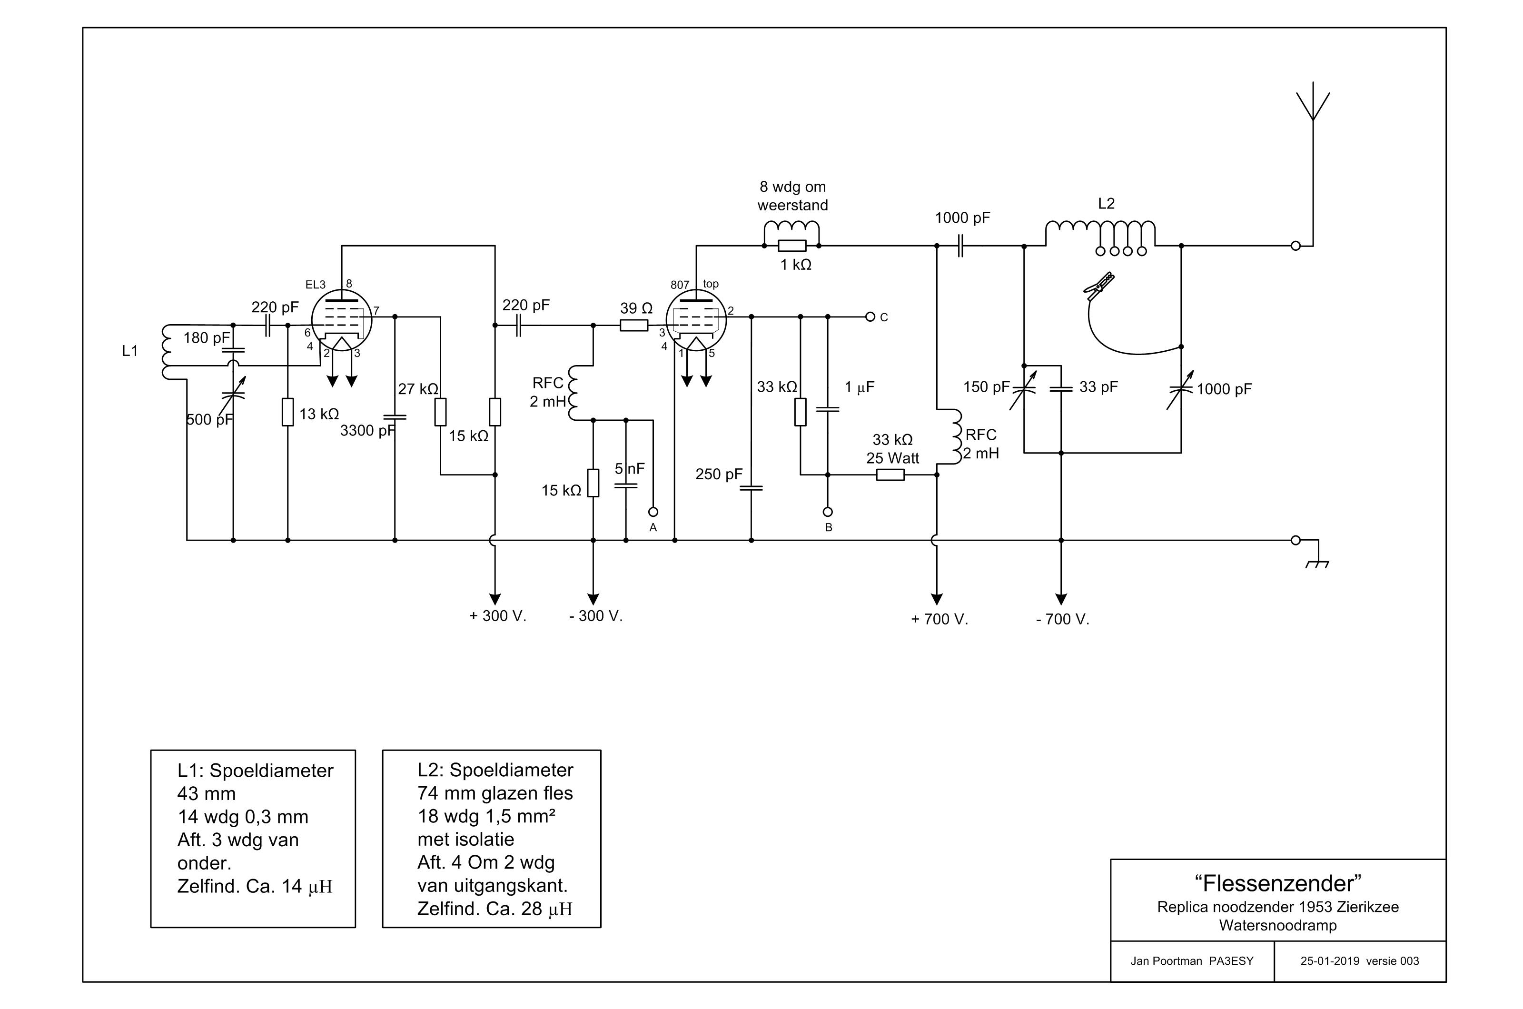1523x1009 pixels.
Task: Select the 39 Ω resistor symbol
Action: tap(634, 326)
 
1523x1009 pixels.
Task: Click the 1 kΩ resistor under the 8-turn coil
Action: tap(792, 245)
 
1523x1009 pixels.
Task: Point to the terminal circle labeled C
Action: tap(870, 317)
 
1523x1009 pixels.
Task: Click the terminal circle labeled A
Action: tap(653, 512)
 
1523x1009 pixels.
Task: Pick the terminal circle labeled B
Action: tap(828, 512)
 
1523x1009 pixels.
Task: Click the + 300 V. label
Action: tap(498, 616)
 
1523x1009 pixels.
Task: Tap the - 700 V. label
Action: tap(1062, 619)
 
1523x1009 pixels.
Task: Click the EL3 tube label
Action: tap(315, 285)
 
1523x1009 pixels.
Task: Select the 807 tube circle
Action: tap(696, 320)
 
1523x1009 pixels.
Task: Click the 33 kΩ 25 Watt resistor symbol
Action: tap(890, 475)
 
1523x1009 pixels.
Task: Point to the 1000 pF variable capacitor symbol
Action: tap(1181, 390)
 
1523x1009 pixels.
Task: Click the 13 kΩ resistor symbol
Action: tap(287, 412)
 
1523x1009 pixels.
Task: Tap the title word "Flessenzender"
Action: tap(1278, 883)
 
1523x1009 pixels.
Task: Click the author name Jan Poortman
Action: tap(1166, 961)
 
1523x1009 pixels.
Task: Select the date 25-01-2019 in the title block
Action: tap(1330, 961)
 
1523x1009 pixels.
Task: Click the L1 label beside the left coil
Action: tap(130, 351)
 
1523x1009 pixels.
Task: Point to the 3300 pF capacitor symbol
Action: tap(395, 417)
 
